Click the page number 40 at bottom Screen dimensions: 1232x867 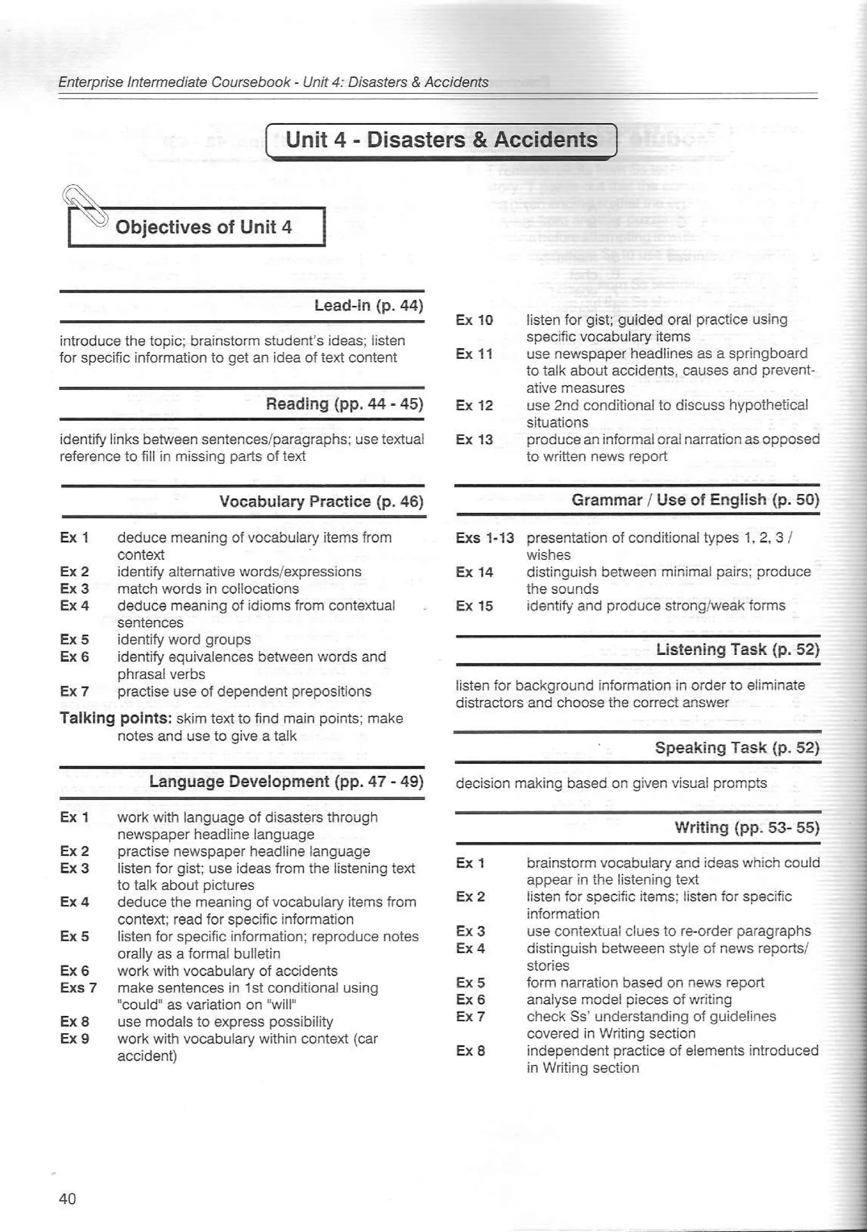tap(68, 1198)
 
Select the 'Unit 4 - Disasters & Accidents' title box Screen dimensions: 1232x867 tap(441, 140)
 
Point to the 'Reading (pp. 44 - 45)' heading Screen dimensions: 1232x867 tap(345, 404)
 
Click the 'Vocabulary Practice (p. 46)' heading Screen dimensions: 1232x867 tap(321, 502)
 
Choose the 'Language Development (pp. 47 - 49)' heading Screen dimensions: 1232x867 tap(286, 781)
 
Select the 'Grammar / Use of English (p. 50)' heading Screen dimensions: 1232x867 tap(695, 500)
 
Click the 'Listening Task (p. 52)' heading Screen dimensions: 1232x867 tap(737, 650)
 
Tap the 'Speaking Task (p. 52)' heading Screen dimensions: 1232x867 tap(737, 748)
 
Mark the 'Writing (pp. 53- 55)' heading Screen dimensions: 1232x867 tap(747, 828)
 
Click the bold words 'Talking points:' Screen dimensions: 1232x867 tap(116, 718)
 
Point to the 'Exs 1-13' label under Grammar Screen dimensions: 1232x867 tap(484, 538)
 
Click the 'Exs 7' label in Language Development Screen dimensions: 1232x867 tap(78, 987)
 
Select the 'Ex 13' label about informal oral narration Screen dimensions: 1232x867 tap(474, 440)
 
